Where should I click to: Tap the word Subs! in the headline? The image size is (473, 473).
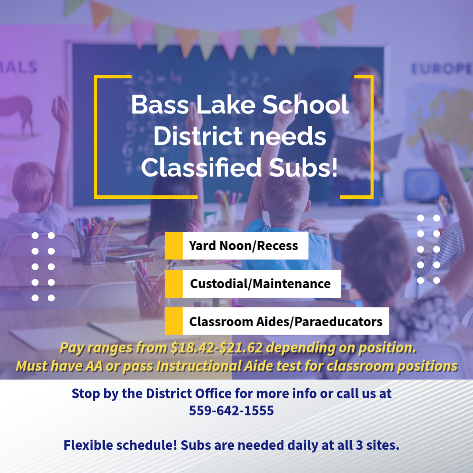(303, 167)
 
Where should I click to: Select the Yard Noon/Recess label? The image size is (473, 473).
(244, 246)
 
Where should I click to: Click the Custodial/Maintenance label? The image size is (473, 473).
(260, 284)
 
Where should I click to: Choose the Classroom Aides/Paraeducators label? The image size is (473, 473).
(286, 321)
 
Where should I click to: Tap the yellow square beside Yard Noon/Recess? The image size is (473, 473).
(173, 246)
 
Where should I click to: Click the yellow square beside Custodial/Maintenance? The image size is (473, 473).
(173, 284)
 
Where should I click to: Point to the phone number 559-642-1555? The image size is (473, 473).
(231, 410)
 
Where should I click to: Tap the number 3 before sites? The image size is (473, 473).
(359, 445)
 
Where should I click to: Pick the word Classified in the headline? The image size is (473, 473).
(201, 167)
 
